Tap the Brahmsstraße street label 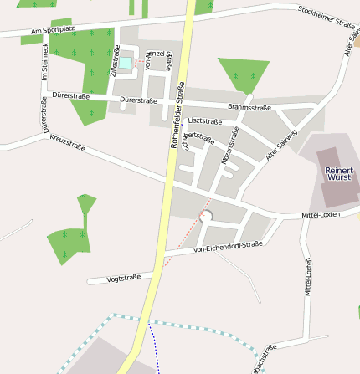click(249, 107)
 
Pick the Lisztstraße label click(206, 121)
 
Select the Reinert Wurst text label click(339, 175)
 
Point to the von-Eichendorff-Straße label click(228, 247)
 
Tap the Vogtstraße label click(124, 278)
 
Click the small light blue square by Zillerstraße click(125, 62)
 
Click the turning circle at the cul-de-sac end click(207, 217)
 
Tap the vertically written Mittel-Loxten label click(308, 277)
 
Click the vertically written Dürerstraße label click(43, 115)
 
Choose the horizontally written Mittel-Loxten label click(320, 215)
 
